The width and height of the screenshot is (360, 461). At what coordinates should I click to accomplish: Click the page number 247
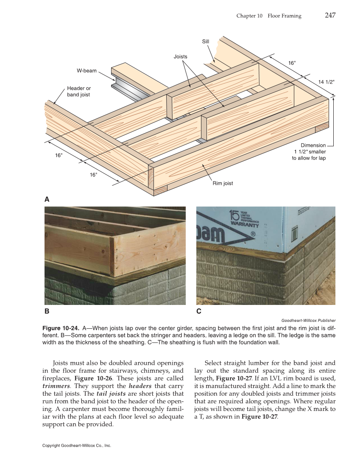(x=330, y=15)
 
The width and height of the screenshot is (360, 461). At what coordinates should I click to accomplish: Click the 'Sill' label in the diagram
(x=205, y=42)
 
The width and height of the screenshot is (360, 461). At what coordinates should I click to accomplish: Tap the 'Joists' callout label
(x=180, y=56)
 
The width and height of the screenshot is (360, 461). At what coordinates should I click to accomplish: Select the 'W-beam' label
(x=87, y=70)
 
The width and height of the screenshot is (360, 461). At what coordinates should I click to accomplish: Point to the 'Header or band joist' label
(x=78, y=92)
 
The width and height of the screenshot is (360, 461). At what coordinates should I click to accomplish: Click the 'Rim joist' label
(x=223, y=183)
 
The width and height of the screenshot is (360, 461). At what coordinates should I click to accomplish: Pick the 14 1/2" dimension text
(x=326, y=81)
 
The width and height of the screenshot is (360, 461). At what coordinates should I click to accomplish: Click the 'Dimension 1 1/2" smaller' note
(x=309, y=152)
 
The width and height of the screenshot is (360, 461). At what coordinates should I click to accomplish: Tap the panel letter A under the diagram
(x=47, y=199)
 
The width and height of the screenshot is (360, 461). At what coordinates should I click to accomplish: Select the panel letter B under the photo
(x=47, y=311)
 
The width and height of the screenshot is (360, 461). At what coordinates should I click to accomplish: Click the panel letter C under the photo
(x=198, y=311)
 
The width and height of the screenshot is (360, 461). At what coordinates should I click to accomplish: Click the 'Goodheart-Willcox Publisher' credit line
(x=308, y=321)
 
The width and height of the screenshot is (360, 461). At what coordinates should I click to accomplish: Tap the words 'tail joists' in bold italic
(x=111, y=394)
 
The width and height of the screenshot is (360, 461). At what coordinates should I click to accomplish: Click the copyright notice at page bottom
(x=76, y=446)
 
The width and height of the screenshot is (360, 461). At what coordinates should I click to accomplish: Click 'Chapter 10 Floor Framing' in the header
(x=269, y=16)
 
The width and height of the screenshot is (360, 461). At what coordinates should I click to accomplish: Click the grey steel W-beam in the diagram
(x=127, y=90)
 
